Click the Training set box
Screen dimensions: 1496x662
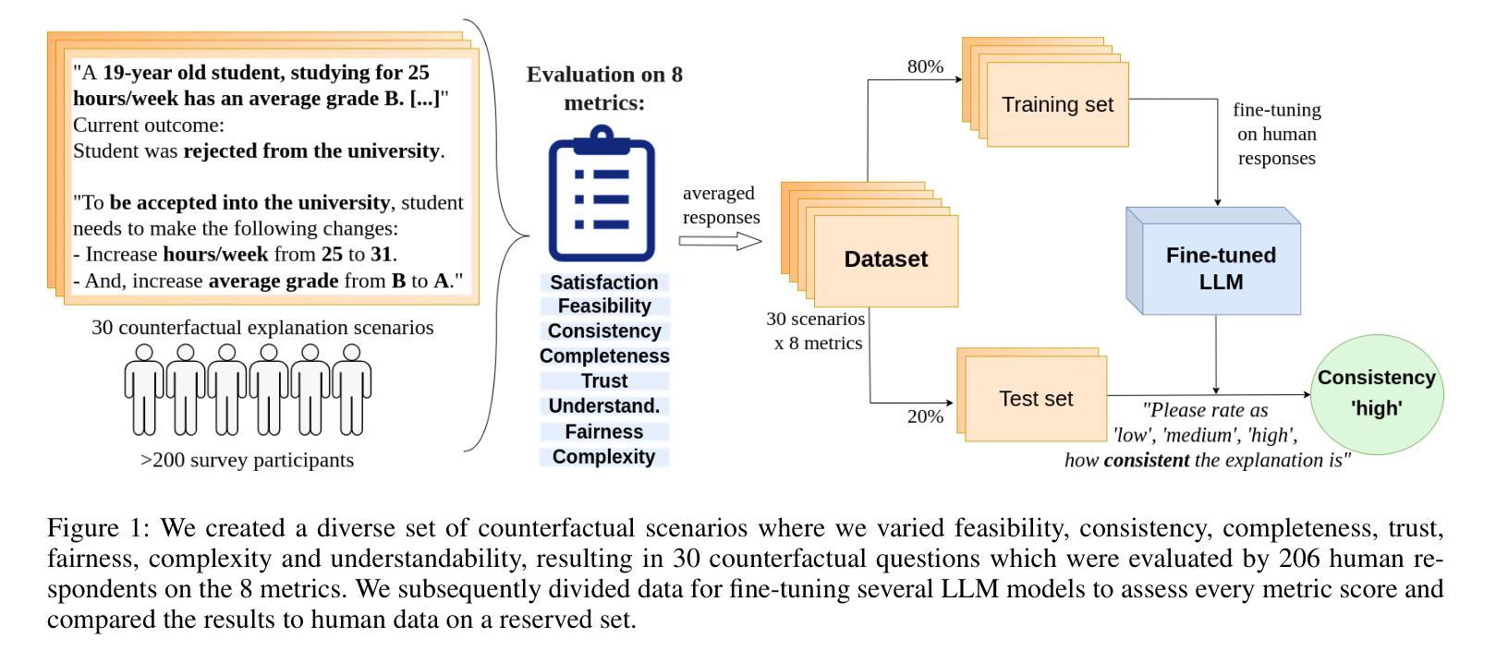1057,104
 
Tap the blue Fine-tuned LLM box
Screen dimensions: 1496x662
1213,261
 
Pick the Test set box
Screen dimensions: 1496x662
1036,399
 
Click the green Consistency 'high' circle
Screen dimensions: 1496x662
1377,394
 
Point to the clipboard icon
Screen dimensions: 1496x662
602,194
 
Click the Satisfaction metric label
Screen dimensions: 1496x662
603,283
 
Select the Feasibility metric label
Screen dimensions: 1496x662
604,306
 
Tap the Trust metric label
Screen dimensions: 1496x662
604,381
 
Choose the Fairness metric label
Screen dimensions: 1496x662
604,432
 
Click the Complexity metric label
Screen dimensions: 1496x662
603,457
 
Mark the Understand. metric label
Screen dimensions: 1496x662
604,406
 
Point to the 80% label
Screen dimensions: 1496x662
925,66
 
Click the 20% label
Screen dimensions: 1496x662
925,416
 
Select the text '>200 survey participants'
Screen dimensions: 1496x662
247,461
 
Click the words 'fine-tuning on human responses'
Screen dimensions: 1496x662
1277,134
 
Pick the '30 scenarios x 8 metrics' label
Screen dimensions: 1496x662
816,331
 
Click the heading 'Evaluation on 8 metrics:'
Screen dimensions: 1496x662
604,88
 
